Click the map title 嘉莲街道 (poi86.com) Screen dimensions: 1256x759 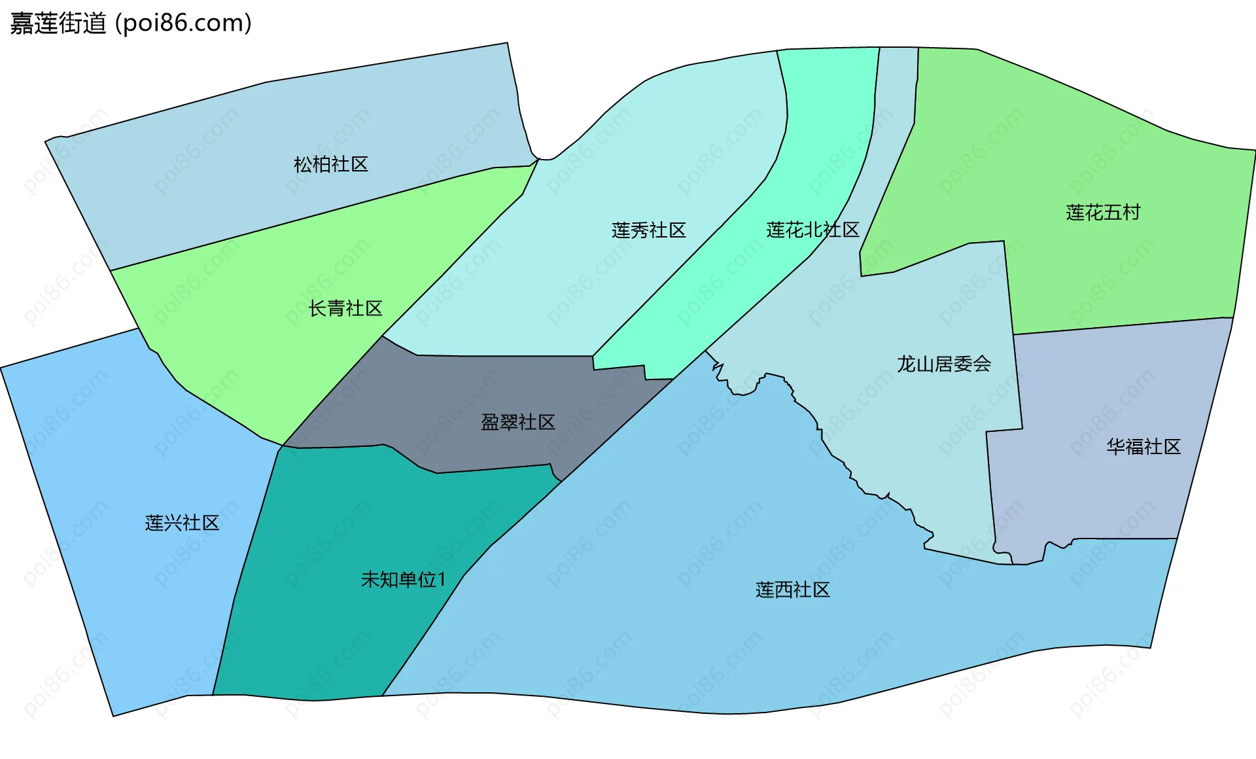(131, 24)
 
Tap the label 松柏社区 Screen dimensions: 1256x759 (331, 164)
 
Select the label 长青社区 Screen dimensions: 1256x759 (345, 308)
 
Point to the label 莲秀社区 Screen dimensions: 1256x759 (648, 230)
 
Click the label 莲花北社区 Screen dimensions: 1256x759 (812, 230)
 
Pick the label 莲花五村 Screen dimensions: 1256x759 (1103, 213)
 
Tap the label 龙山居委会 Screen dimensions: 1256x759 (943, 364)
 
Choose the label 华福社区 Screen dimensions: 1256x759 (1143, 447)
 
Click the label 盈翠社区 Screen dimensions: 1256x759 (517, 422)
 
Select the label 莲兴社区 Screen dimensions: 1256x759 (182, 523)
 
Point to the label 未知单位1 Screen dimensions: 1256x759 (403, 580)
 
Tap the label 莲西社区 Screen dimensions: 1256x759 (792, 590)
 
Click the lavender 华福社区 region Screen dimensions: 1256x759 (1099, 497)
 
